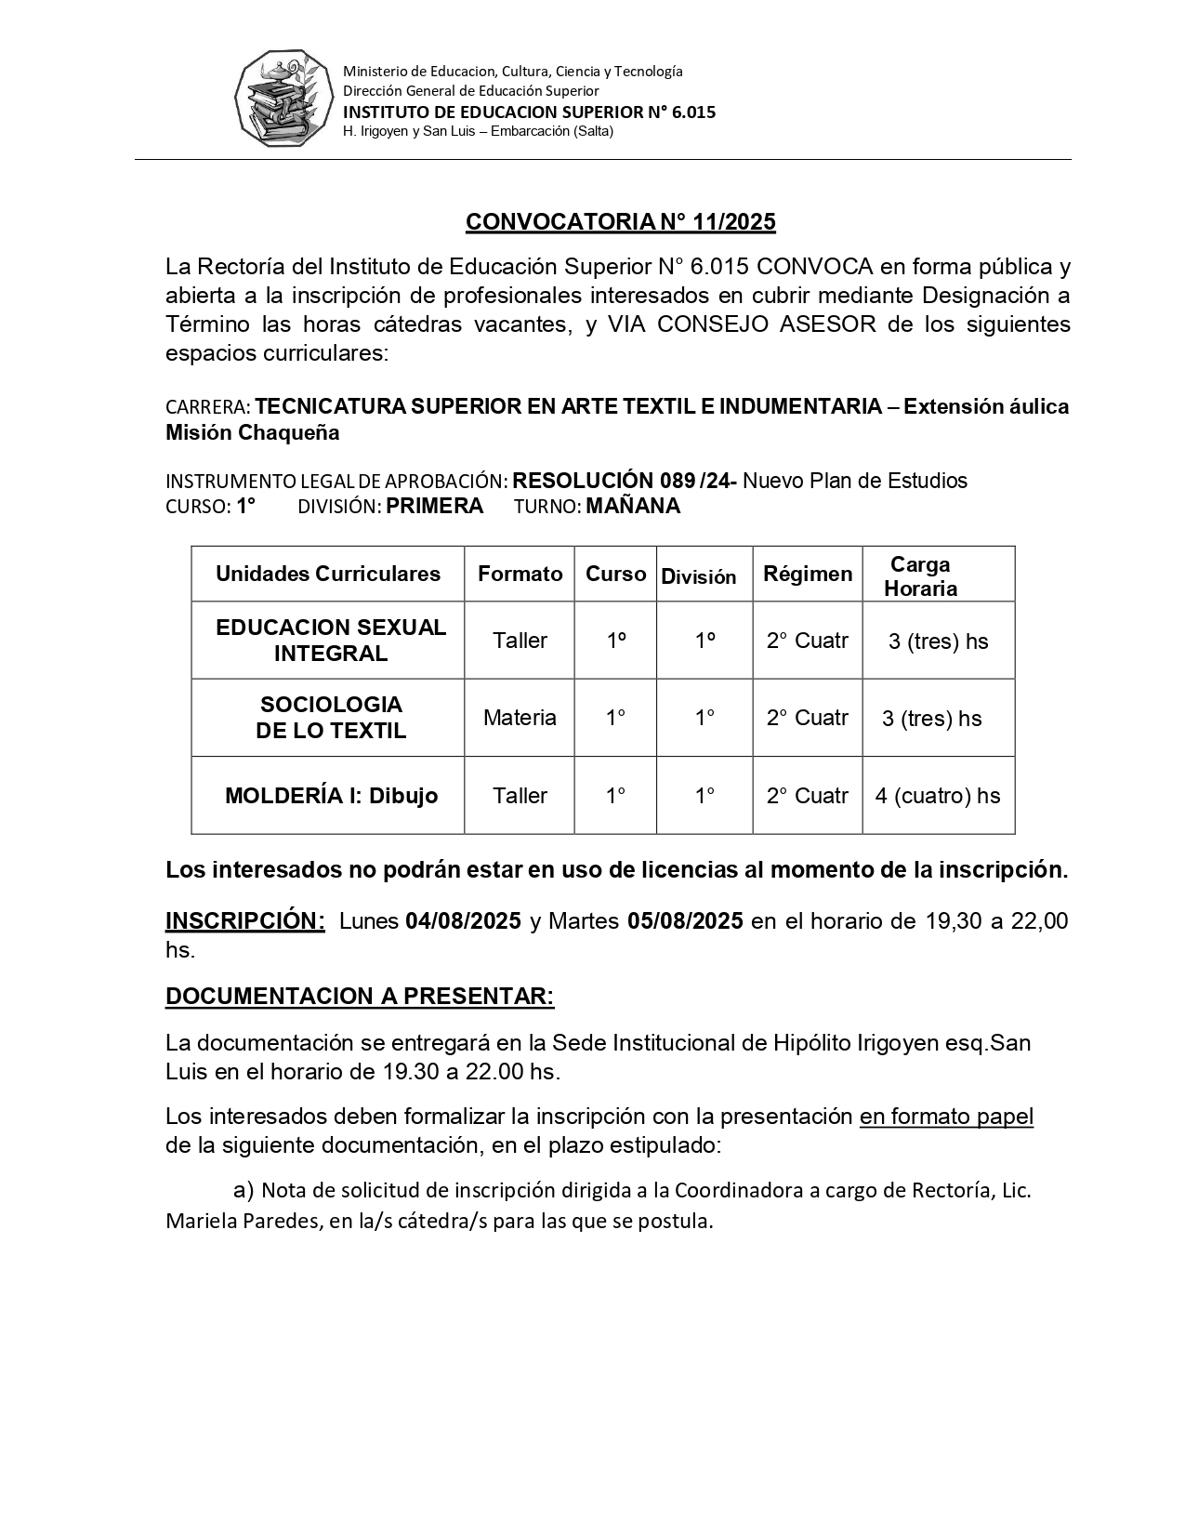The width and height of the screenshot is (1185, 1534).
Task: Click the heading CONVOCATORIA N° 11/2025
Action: click(x=620, y=221)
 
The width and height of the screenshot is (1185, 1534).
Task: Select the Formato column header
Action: click(x=520, y=574)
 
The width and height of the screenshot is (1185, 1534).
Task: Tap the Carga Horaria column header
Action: click(x=920, y=576)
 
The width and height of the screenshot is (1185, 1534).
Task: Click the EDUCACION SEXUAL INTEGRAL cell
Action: click(x=331, y=641)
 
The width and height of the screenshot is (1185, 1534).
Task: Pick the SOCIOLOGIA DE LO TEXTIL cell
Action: click(x=331, y=718)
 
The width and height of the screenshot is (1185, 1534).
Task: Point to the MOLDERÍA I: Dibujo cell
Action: click(x=331, y=796)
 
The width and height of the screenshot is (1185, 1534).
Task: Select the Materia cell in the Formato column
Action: click(x=520, y=718)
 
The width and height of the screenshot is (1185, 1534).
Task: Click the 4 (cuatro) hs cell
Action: click(x=938, y=796)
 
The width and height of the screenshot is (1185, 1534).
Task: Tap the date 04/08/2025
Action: click(x=463, y=921)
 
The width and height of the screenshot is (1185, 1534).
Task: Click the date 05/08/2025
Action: click(x=685, y=921)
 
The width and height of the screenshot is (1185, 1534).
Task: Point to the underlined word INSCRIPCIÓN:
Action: click(x=245, y=921)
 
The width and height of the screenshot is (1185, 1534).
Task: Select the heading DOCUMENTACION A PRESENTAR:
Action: click(x=360, y=997)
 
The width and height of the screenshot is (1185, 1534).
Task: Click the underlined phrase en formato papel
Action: click(x=946, y=1117)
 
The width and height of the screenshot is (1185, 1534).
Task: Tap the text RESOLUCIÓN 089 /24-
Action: click(x=625, y=481)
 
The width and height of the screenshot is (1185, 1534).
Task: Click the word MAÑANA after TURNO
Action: click(x=633, y=507)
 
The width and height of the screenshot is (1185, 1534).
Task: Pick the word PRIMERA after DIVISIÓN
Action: click(x=435, y=507)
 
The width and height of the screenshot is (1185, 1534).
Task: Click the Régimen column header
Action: click(x=808, y=574)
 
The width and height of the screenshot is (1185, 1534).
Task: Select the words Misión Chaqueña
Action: click(x=252, y=432)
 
